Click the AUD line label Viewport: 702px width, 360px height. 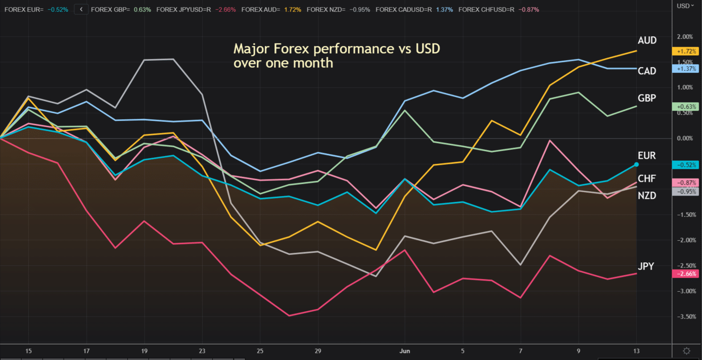point(647,40)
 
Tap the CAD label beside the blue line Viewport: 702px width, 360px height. point(647,71)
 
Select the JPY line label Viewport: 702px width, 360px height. point(646,266)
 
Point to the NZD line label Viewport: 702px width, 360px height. point(647,196)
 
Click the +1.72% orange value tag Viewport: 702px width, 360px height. point(685,51)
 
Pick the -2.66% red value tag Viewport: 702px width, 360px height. point(685,274)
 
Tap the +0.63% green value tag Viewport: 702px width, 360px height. point(685,107)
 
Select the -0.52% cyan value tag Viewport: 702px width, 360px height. point(685,165)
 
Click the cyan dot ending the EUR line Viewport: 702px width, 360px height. point(636,164)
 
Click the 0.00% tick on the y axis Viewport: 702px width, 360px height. point(685,139)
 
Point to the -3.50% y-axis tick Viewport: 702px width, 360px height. point(685,317)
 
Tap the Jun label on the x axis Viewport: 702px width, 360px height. point(405,351)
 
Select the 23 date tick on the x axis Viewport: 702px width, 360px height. point(202,351)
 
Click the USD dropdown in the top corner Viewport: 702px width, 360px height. point(685,6)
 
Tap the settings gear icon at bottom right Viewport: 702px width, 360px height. point(686,351)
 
